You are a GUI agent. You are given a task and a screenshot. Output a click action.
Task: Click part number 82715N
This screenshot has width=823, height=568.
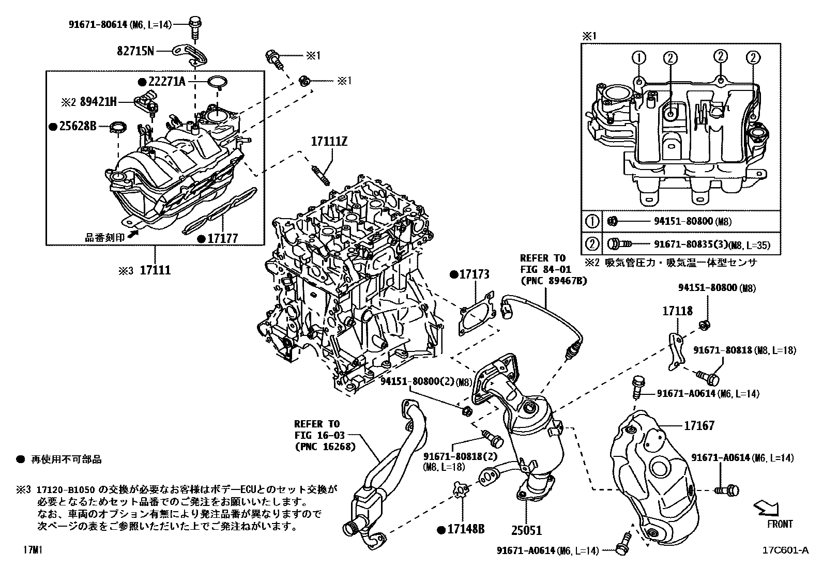tap(134, 51)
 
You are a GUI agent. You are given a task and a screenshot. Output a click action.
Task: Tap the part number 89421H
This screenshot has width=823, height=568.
tap(98, 102)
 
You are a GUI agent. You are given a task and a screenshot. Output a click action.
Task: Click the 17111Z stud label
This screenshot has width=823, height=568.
tap(328, 141)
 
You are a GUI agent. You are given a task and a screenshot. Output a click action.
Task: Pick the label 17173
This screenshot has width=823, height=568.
tap(474, 274)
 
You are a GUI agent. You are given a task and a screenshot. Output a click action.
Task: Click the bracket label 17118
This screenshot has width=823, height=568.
tap(678, 311)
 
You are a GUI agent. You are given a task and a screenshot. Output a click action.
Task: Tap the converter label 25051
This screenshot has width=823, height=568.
tap(527, 530)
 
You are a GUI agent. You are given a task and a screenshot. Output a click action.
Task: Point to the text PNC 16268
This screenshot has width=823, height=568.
tap(325, 447)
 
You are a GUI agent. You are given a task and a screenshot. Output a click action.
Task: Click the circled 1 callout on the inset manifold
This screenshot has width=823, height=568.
tap(639, 57)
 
